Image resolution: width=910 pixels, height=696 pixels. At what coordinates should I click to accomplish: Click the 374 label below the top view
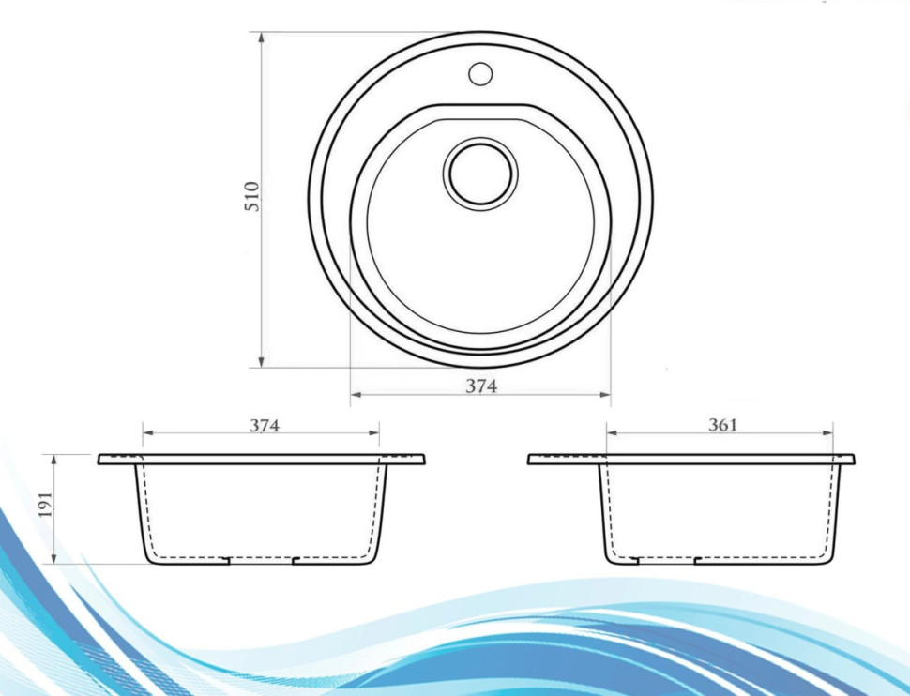tap(481, 386)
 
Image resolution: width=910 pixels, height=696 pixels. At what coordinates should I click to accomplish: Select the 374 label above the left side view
tap(265, 425)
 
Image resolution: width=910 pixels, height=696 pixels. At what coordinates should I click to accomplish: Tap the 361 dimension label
tap(722, 425)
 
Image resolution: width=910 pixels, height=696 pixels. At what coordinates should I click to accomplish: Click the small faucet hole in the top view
tap(480, 71)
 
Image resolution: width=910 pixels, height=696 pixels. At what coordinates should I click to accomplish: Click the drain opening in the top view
tap(480, 173)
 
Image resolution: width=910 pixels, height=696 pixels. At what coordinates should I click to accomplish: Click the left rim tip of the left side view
tap(100, 460)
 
